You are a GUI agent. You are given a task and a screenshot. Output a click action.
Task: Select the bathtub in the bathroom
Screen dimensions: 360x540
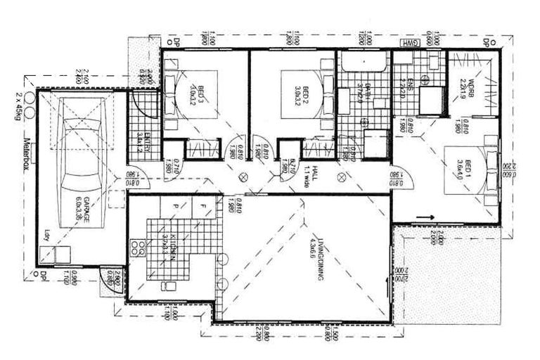[363, 64]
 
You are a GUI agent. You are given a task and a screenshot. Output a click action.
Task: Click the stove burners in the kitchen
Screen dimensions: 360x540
[141, 250]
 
